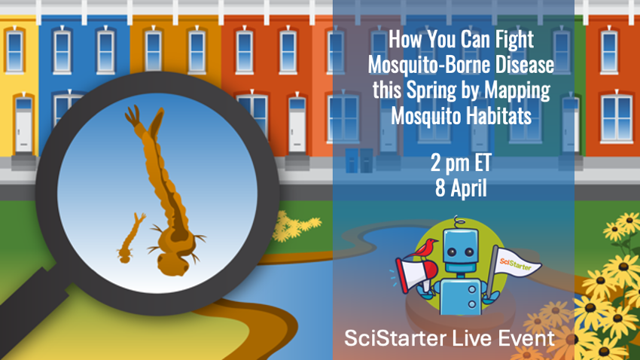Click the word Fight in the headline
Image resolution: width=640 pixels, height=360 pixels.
[x=514, y=41]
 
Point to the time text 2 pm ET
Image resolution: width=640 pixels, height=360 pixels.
[x=461, y=163]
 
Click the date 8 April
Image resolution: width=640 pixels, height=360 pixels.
[x=461, y=188]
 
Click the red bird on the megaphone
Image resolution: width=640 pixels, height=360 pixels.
[x=425, y=249]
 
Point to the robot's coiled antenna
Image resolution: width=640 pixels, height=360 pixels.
[x=459, y=222]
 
